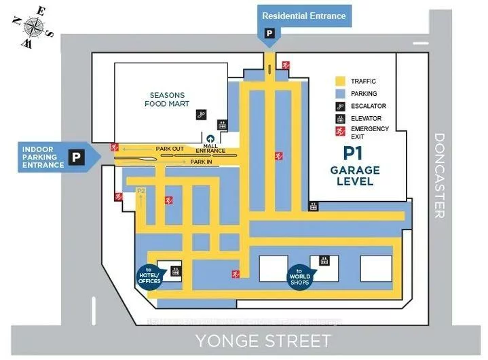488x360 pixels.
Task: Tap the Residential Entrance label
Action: point(303,16)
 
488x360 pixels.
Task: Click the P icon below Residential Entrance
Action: point(270,33)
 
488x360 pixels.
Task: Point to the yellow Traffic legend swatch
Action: point(340,82)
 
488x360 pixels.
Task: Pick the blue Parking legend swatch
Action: point(340,94)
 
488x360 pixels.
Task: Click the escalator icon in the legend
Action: point(340,106)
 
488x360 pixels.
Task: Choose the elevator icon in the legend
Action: point(340,118)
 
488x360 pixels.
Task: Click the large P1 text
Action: point(352,153)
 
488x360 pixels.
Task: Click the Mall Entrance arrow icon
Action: point(210,139)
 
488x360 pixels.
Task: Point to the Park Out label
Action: point(170,148)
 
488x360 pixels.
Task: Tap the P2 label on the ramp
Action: point(142,192)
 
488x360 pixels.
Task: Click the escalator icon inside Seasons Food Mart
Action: point(201,115)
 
